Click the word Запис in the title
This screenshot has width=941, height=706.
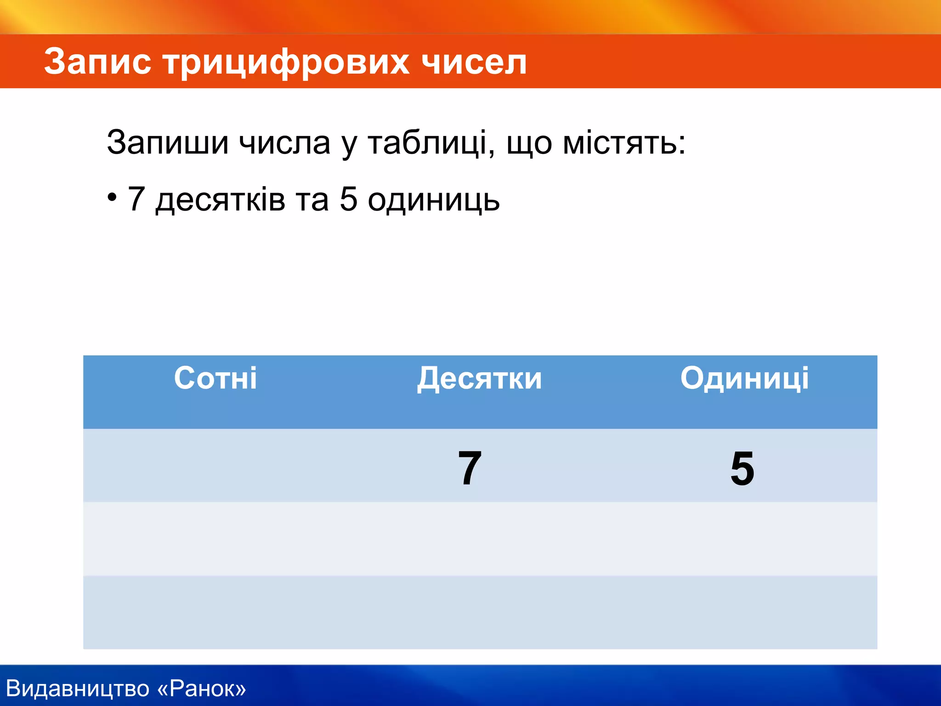[x=97, y=62]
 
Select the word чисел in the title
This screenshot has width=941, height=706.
[x=474, y=62]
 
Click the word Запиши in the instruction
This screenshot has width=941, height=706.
[x=167, y=142]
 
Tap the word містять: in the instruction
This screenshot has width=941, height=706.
[x=624, y=142]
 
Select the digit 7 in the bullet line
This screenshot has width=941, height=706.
[x=136, y=199]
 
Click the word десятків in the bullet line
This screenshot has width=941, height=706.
[x=220, y=200]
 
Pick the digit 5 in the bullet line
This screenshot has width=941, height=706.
[x=349, y=199]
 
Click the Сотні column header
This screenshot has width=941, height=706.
[x=215, y=378]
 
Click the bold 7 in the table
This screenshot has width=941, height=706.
[x=470, y=468]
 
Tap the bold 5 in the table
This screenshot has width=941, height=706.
[x=742, y=468]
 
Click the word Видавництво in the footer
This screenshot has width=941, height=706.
[x=78, y=689]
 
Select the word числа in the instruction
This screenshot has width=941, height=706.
[x=284, y=142]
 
